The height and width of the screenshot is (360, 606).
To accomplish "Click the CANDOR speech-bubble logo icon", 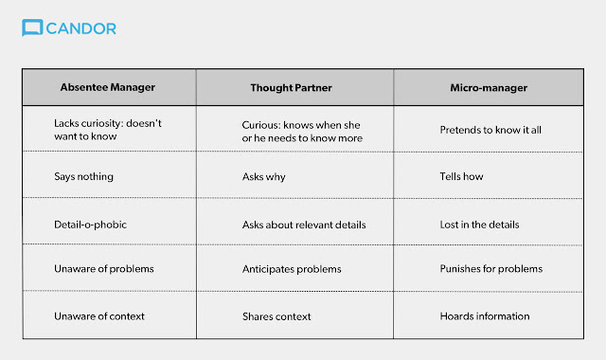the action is coord(32,27).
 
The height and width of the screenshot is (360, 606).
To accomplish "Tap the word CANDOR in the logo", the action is coord(81,28).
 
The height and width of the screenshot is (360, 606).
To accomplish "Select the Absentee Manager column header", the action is coord(107,87).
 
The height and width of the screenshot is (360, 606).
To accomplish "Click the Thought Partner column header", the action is coord(291,88).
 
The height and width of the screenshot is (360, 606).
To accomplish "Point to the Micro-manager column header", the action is coord(489,88).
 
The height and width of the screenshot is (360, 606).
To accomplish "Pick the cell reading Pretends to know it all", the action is coord(490,130).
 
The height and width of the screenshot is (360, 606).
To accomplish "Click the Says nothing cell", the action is coord(84,177).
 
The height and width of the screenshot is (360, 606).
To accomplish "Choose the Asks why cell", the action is coord(264,177).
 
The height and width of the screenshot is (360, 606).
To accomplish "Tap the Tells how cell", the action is coord(461,176).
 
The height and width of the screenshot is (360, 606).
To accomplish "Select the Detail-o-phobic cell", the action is coord(91,225).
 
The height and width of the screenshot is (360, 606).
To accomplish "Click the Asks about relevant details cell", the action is coord(304,225).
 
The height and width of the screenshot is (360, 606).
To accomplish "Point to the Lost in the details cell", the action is coord(480,225).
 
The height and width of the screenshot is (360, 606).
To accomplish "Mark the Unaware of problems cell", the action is coord(104,269).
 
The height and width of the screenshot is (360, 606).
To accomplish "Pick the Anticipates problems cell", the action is coord(292,269).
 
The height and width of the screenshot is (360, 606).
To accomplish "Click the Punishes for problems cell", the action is coord(491,269).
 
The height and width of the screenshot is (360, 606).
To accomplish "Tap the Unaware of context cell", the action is coord(99,316).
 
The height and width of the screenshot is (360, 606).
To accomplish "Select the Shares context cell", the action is coord(276,316).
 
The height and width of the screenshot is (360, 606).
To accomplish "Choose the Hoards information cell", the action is coord(485,316).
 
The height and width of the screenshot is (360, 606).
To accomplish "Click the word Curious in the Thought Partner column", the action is coord(261,125).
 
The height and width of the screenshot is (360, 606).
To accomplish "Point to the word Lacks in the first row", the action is coord(66,123).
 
